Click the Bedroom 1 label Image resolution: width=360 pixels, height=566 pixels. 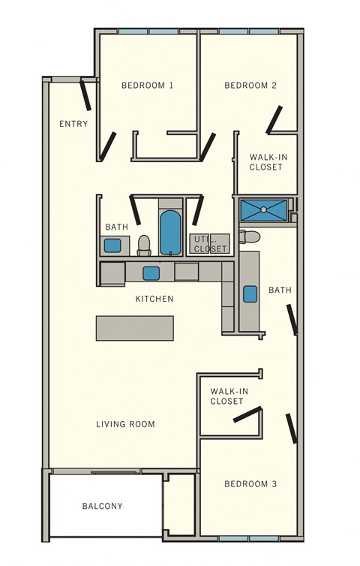pyautogui.click(x=147, y=86)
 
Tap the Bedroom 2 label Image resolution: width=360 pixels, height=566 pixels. pyautogui.click(x=250, y=86)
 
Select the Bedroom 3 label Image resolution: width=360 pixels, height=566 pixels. pyautogui.click(x=250, y=484)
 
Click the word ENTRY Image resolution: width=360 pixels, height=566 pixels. pyautogui.click(x=73, y=124)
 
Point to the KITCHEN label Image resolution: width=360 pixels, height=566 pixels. pyautogui.click(x=154, y=299)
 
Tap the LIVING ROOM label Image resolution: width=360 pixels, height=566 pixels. pyautogui.click(x=125, y=424)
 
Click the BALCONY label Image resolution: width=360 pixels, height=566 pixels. pyautogui.click(x=102, y=506)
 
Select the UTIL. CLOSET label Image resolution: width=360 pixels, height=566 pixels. pyautogui.click(x=209, y=244)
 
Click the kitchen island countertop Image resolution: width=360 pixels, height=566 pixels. pyautogui.click(x=135, y=328)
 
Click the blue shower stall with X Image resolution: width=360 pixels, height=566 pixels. pyautogui.click(x=263, y=209)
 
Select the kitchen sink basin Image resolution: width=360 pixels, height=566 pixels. pyautogui.click(x=151, y=272)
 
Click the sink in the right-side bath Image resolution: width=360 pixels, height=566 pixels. pyautogui.click(x=250, y=293)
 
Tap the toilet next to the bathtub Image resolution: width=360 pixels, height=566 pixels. pyautogui.click(x=145, y=244)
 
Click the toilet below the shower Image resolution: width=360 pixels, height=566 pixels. pyautogui.click(x=250, y=237)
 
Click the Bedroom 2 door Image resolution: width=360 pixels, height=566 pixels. pyautogui.click(x=274, y=119)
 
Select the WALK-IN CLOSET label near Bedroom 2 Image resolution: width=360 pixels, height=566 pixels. pyautogui.click(x=266, y=162)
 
